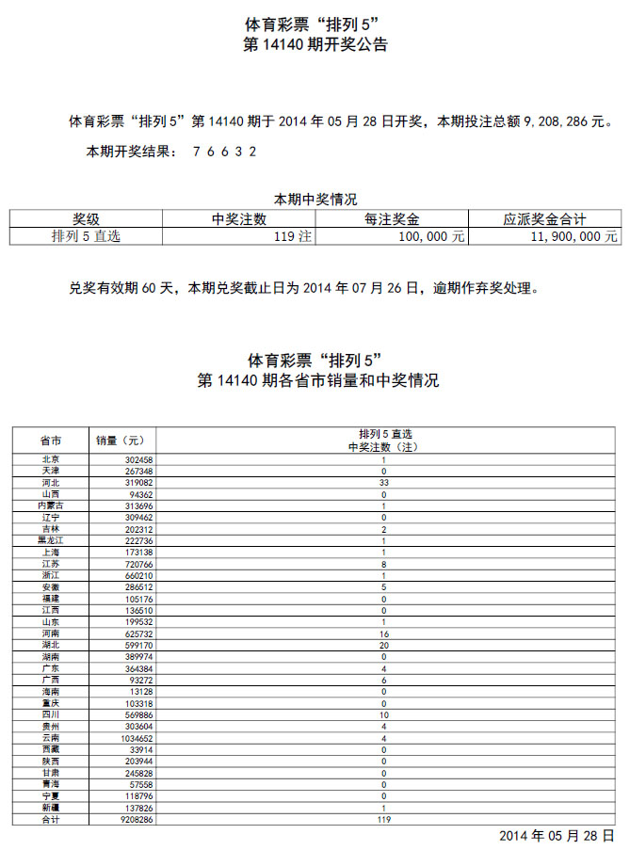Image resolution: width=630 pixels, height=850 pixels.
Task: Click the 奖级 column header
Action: pyautogui.click(x=86, y=219)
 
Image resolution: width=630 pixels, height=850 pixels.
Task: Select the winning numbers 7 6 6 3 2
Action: pyautogui.click(x=224, y=151)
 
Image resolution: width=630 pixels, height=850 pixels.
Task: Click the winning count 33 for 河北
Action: pyautogui.click(x=383, y=482)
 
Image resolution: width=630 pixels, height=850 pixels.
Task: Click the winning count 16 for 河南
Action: pyautogui.click(x=383, y=633)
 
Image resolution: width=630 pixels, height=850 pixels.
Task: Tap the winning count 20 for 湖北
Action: pyautogui.click(x=383, y=646)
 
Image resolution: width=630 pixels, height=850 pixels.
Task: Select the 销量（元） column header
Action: pyautogui.click(x=121, y=440)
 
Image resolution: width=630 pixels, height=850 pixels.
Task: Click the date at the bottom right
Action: pyautogui.click(x=556, y=836)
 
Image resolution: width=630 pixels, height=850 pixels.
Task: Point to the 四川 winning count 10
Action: pyautogui.click(x=383, y=715)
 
